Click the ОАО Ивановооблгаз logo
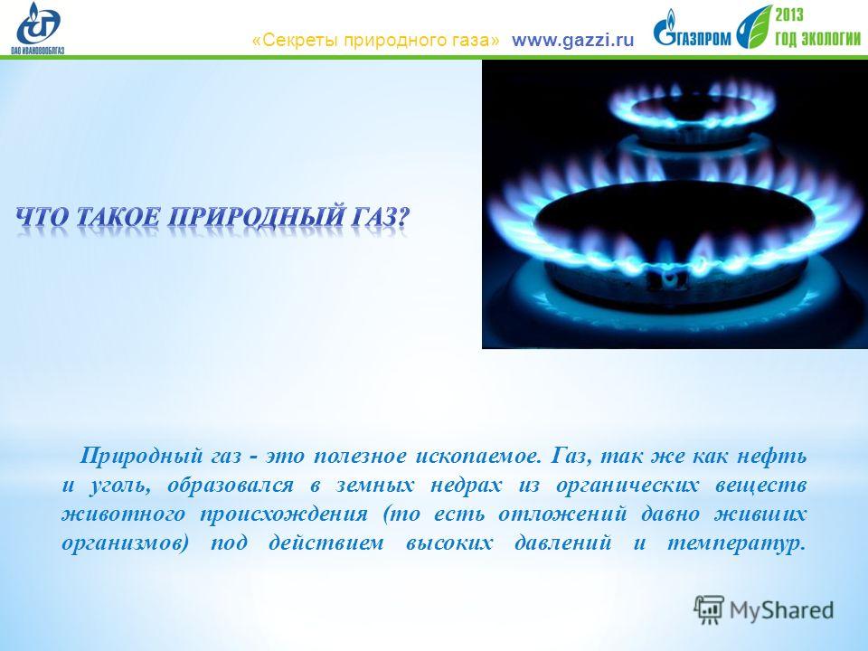pos(38,28)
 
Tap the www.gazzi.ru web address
pos(572,41)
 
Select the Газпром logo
pos(692,29)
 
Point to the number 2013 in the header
pos(788,14)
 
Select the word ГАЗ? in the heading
pos(379,216)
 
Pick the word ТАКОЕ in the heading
pos(117,216)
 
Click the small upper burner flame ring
pos(692,107)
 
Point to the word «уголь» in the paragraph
pos(119,486)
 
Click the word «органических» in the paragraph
pos(627,486)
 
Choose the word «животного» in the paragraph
pos(124,514)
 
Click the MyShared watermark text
pos(781,610)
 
